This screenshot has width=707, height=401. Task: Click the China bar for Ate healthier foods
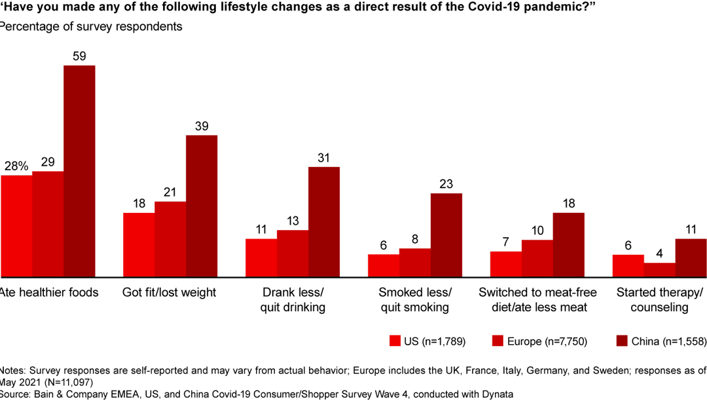coord(79,171)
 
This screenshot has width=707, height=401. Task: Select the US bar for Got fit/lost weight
coord(139,244)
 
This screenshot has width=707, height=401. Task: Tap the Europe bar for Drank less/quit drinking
coord(293,253)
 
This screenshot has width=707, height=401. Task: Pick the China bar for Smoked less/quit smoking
coord(446,235)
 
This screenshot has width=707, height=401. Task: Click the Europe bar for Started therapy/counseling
coord(659,269)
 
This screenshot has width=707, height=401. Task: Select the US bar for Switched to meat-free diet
coord(505,263)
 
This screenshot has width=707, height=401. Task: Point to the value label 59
coord(79,56)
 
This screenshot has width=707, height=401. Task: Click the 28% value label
coord(16,166)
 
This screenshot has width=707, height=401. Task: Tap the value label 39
coord(202,126)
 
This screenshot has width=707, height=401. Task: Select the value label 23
coord(446,184)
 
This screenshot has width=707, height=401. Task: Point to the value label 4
coord(659,254)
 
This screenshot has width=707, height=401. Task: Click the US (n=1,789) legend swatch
coord(395,341)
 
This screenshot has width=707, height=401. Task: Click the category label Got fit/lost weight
coord(169,292)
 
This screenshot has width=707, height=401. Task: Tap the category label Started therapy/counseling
coord(660,299)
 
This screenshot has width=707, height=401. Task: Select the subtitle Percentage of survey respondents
coord(91,28)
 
